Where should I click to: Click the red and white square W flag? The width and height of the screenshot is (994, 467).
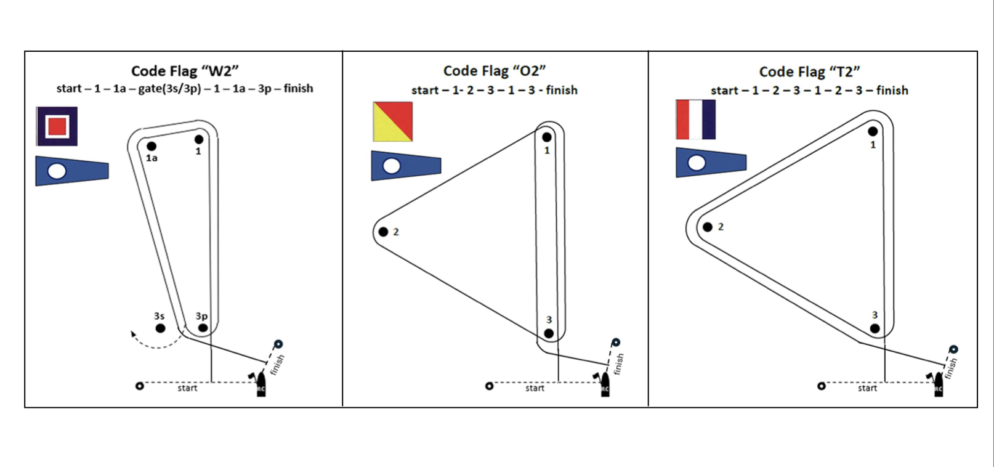tap(57, 126)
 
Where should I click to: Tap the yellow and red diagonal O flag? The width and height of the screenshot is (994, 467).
tap(392, 122)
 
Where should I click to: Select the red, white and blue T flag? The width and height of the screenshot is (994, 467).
tap(695, 120)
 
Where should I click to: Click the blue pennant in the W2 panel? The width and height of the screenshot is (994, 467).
tap(71, 171)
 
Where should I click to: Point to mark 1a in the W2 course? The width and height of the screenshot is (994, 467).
tap(152, 147)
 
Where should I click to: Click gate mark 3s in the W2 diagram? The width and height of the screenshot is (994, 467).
tap(160, 328)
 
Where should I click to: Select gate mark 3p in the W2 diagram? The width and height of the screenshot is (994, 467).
tap(203, 328)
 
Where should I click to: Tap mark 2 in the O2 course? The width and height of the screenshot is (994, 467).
tap(383, 232)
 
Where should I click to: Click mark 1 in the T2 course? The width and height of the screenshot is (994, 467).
tap(873, 131)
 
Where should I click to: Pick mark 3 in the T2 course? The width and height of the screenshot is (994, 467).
tap(875, 328)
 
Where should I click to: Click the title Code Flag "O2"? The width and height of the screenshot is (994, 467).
tap(495, 71)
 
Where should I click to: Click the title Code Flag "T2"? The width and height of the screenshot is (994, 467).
tap(809, 72)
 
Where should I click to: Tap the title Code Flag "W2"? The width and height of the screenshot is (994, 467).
tap(185, 71)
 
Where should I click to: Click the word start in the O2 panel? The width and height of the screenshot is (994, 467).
tap(535, 388)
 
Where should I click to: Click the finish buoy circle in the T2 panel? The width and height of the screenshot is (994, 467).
tap(953, 349)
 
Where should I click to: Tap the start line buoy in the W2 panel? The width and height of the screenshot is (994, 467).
tap(140, 386)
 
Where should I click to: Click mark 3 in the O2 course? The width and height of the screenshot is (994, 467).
tap(549, 333)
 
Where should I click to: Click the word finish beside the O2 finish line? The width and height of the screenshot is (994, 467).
tap(619, 363)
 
